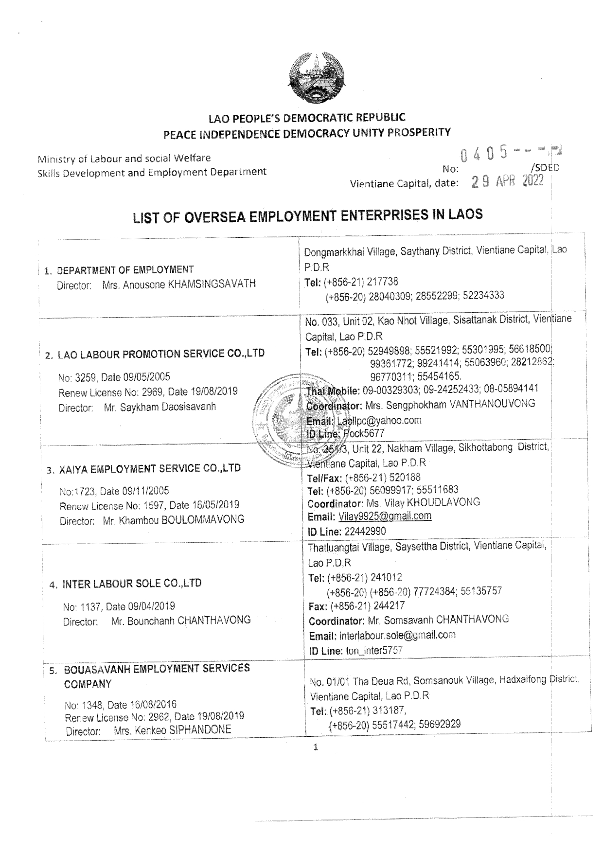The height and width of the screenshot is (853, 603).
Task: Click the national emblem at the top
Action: tap(307, 78)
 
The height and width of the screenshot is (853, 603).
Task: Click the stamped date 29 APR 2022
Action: tap(508, 182)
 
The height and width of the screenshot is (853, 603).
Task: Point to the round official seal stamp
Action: tap(280, 417)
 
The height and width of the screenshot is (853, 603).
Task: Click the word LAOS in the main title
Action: tap(464, 214)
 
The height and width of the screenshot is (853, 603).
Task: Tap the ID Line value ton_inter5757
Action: tap(374, 650)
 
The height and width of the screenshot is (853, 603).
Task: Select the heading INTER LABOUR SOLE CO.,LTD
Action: tap(132, 583)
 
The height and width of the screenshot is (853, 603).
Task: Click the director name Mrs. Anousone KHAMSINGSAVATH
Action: tap(178, 284)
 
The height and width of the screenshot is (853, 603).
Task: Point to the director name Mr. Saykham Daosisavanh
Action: tap(160, 407)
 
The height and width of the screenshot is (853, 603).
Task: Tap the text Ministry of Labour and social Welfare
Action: tap(124, 158)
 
